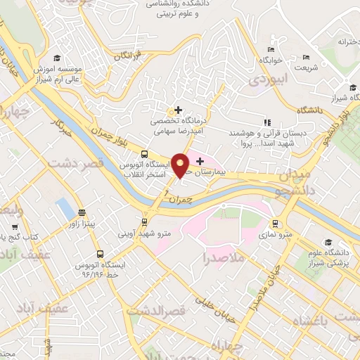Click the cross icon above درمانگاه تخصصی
pyautogui.click(x=179, y=110)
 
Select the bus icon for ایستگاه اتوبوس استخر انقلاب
pyautogui.click(x=144, y=154)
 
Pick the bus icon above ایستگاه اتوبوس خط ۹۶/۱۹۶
pyautogui.click(x=100, y=253)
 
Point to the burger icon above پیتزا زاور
pyautogui.click(x=82, y=212)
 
